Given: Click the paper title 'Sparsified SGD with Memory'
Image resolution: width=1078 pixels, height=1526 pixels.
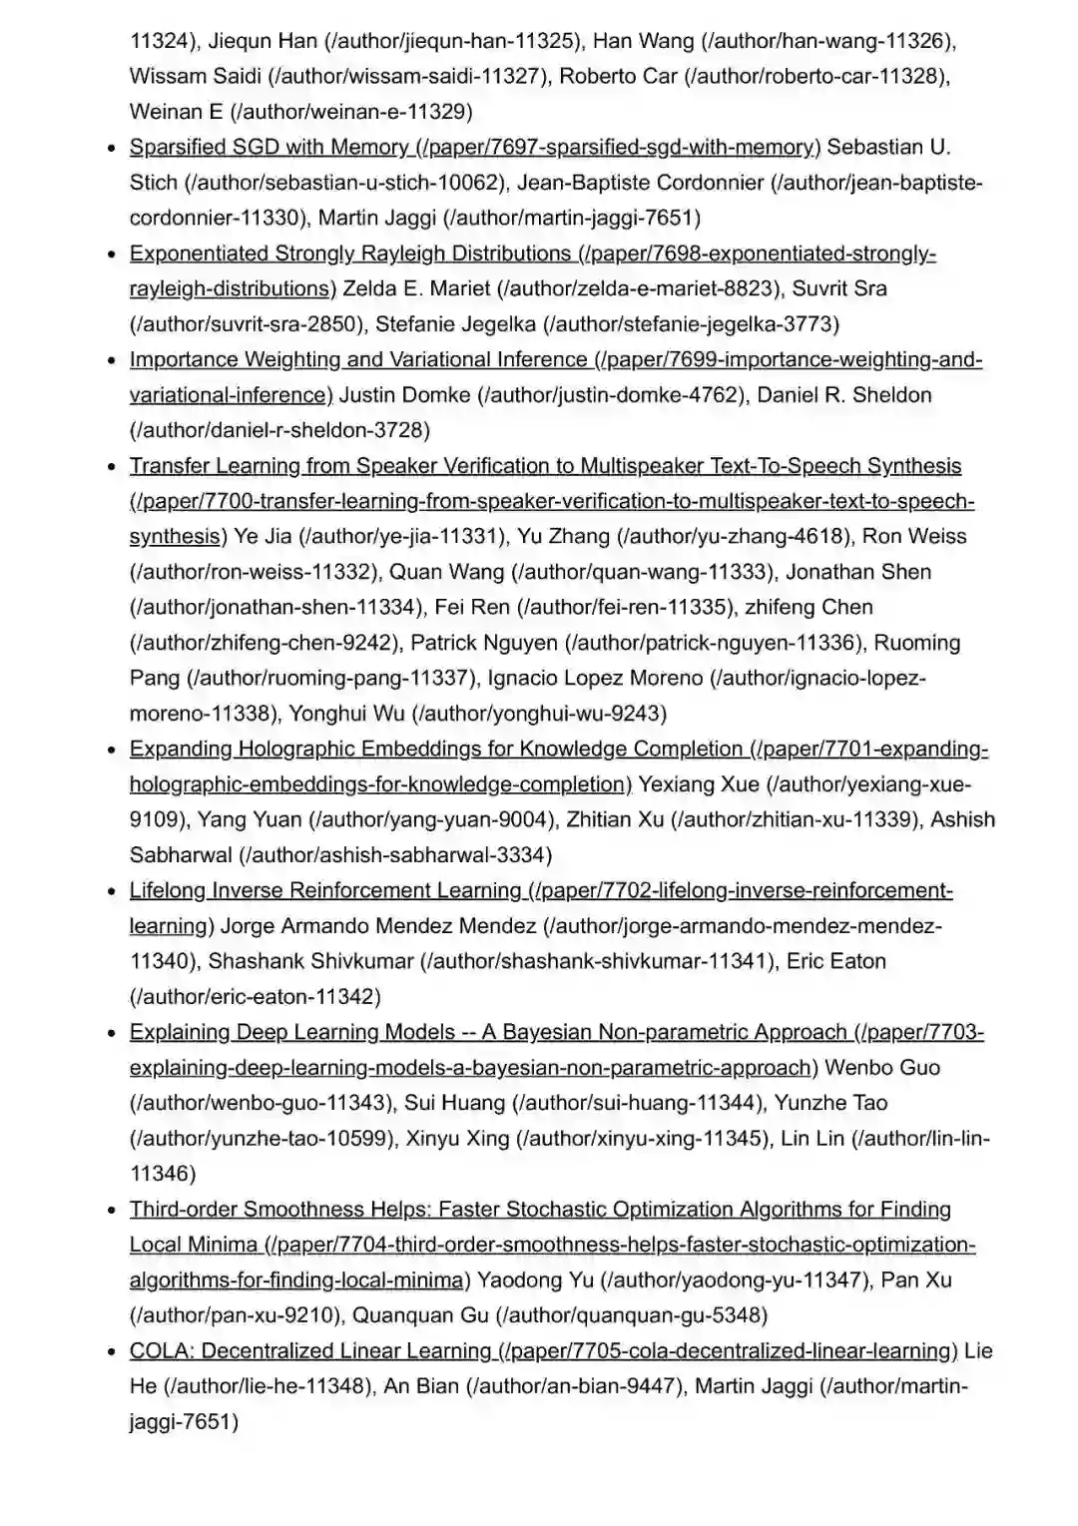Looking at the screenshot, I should (269, 148).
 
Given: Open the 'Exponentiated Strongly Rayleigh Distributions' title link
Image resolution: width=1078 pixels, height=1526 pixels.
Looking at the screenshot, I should (350, 254).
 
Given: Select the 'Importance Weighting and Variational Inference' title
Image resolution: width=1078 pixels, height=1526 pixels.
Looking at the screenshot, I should (358, 359).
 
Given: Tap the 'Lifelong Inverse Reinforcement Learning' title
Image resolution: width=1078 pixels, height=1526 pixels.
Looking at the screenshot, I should (325, 890).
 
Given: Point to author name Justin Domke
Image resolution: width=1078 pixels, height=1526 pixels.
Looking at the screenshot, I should (404, 395).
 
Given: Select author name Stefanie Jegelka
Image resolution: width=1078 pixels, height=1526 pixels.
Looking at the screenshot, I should (455, 324).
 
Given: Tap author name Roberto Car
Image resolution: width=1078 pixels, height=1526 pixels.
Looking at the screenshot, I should (618, 77).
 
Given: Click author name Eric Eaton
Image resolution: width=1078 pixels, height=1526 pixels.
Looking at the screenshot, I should (835, 962).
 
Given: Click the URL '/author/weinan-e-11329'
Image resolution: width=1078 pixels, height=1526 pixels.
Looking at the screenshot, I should (351, 113).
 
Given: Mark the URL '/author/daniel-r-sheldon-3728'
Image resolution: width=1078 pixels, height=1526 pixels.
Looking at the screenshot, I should (280, 430).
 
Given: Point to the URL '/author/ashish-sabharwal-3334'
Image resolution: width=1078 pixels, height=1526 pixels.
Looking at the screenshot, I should (396, 855).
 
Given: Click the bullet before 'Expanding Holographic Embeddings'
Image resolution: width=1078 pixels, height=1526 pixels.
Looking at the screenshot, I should (113, 751).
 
